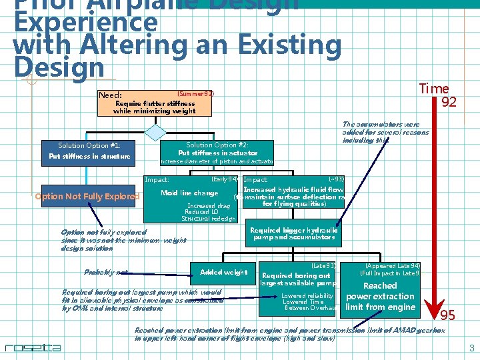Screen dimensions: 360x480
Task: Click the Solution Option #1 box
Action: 88,151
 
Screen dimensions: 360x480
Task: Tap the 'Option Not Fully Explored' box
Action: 87,196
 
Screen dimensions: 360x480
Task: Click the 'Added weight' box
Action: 224,271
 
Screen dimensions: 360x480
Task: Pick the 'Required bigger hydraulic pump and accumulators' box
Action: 294,233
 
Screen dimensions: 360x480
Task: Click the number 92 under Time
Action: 449,103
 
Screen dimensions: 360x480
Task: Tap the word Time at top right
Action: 433,89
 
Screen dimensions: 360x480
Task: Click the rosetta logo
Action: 33,347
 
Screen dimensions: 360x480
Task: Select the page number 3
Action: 471,348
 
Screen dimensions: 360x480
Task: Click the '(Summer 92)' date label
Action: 195,94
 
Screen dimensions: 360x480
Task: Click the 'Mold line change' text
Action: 190,193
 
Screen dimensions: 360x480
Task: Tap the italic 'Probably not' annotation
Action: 105,272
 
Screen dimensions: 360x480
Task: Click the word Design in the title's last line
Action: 59,67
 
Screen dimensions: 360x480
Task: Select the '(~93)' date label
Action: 336,179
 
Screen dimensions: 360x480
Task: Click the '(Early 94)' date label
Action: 225,179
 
